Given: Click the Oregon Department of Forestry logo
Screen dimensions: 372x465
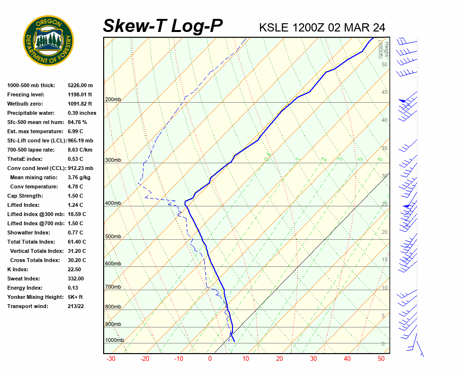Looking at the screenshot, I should coord(48,41).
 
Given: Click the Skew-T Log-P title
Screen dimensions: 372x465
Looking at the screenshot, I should coord(163,26).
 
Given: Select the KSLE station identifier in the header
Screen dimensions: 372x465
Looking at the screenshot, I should coord(274,27).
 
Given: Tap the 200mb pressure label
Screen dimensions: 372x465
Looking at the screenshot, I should coord(113,100).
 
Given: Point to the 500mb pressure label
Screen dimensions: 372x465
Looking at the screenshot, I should coord(113,236).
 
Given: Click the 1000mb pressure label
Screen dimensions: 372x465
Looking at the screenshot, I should coord(114,340).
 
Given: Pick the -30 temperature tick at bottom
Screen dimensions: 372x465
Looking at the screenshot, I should coord(111,359).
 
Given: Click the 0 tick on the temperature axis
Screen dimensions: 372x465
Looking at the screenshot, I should coord(210,359).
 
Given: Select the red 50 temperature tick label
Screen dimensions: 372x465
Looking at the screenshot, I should coord(381,359).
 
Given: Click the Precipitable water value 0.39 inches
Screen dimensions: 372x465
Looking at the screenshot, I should coord(82,113).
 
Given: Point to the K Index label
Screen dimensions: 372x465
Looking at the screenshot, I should coord(18,269).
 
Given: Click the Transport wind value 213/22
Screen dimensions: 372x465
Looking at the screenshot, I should coord(76,306).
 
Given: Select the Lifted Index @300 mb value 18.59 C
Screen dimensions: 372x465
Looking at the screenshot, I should coord(77,214).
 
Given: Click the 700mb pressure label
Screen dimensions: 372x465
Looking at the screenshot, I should coord(113,287).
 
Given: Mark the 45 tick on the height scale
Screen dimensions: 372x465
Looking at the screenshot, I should coord(385,92).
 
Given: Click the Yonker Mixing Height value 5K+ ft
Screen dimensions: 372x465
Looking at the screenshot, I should coord(76,297).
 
